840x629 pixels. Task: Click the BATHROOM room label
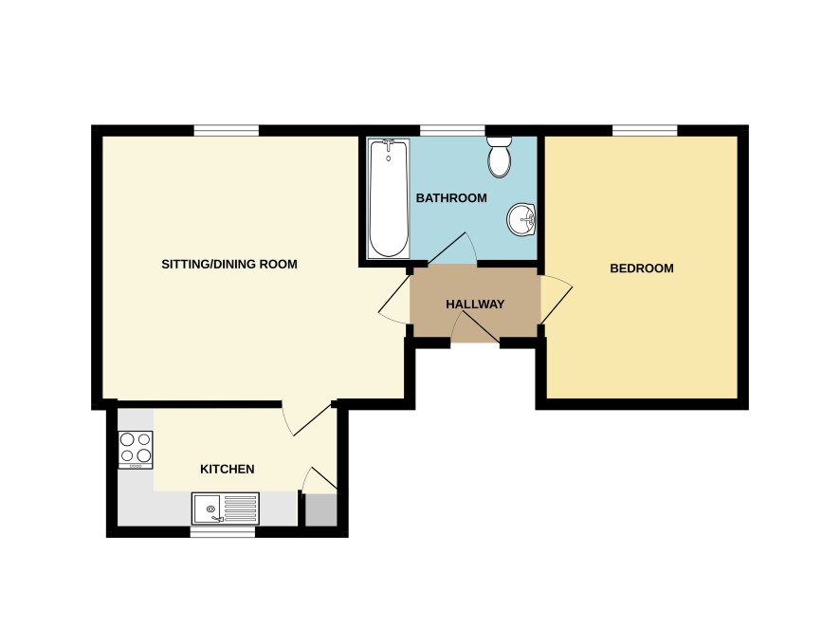(x=451, y=198)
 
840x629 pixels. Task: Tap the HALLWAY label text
(x=475, y=304)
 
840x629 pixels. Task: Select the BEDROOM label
(x=642, y=268)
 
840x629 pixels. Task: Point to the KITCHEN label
(x=228, y=470)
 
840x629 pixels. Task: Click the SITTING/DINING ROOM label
(x=229, y=264)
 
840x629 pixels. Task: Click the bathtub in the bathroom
(x=389, y=198)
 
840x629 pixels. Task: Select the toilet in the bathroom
(x=500, y=157)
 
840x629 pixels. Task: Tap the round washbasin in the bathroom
(x=520, y=219)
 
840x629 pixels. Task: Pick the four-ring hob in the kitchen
(x=136, y=450)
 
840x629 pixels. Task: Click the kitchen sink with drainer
(x=226, y=509)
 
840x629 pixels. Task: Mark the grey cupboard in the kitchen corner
(x=320, y=509)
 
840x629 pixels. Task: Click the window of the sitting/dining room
(x=226, y=130)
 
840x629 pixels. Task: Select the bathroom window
(x=452, y=130)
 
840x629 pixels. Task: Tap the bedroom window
(x=645, y=130)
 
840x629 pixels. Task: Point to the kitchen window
(x=223, y=532)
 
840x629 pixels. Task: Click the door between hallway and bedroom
(x=557, y=301)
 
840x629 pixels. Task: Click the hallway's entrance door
(x=476, y=327)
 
